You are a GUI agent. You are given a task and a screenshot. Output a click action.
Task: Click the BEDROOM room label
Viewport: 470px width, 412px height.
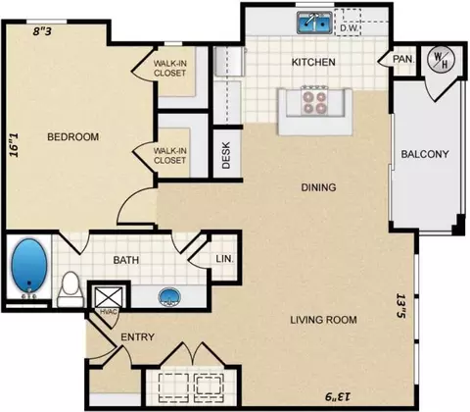[73, 136]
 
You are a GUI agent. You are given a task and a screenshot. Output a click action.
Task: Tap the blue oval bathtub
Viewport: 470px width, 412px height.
[29, 266]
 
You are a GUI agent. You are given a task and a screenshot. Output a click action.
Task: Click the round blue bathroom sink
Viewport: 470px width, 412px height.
[169, 297]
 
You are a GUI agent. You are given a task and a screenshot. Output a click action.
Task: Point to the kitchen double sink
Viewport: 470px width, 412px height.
[314, 23]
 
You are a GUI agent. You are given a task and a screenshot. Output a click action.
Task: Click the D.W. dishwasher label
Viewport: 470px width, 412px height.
[350, 28]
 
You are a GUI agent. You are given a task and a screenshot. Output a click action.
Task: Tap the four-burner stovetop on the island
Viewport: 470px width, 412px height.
[315, 102]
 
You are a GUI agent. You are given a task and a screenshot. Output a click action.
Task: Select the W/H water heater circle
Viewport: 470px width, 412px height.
[442, 60]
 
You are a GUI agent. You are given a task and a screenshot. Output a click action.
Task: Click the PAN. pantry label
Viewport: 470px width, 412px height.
[403, 59]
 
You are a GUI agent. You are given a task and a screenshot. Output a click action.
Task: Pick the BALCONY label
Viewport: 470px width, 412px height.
[425, 154]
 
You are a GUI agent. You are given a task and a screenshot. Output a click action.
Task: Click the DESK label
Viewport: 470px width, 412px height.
[226, 155]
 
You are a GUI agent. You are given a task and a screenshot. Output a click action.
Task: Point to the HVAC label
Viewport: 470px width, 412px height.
[108, 312]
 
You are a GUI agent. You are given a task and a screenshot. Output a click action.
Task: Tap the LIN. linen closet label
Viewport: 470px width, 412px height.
[224, 259]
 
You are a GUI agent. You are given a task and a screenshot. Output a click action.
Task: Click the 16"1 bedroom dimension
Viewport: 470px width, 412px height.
[14, 145]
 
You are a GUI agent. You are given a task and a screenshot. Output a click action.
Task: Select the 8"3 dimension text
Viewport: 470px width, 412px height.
[43, 31]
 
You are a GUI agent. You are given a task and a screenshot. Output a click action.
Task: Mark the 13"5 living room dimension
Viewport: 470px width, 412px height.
[400, 305]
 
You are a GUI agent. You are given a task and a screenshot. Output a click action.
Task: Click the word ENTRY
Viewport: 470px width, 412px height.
[137, 336]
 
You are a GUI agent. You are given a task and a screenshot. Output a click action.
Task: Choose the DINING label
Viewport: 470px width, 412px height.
[318, 187]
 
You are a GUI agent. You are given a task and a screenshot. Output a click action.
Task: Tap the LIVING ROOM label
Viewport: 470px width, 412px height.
[323, 320]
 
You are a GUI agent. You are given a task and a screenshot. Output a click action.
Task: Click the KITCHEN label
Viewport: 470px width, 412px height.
[313, 62]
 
